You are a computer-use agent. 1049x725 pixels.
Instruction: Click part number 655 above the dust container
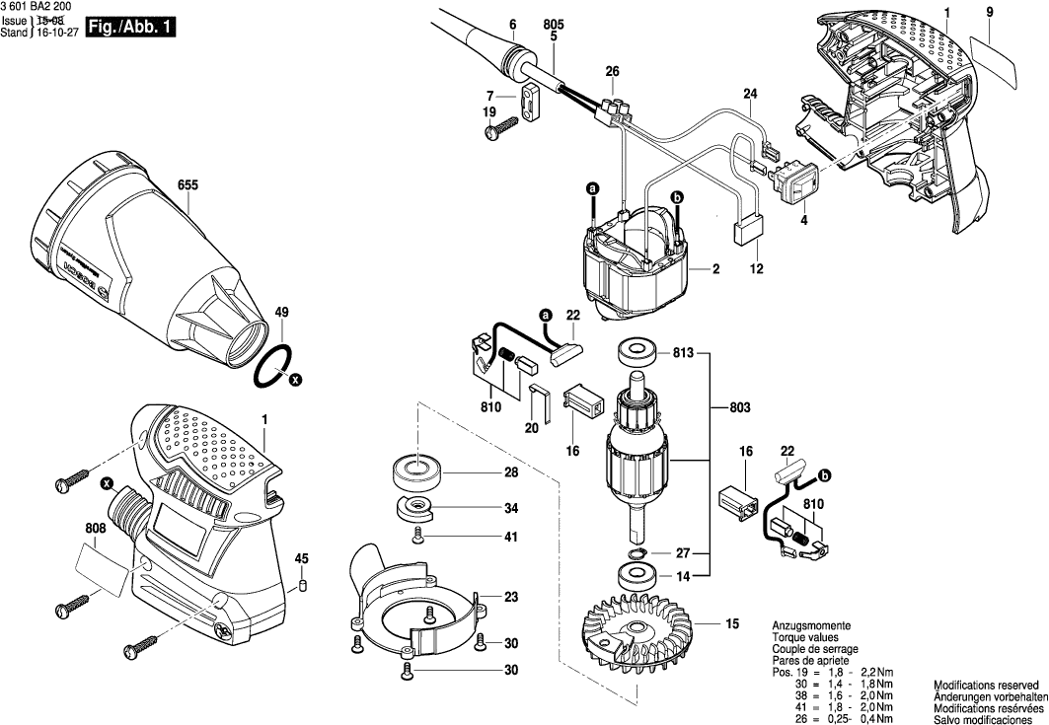(x=187, y=184)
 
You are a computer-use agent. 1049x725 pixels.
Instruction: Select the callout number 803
(x=739, y=406)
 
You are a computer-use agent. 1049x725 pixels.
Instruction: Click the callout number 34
(x=510, y=509)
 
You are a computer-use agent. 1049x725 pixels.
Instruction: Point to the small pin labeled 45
(x=303, y=584)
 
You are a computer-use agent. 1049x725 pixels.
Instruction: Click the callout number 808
(x=95, y=530)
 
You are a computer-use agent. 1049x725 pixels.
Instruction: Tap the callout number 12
(x=757, y=269)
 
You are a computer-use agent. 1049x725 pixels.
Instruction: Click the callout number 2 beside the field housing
(x=714, y=269)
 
